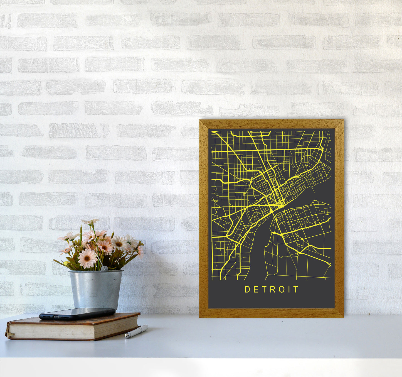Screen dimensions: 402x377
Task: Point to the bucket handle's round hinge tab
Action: [104, 269]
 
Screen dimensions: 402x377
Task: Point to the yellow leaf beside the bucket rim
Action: [66, 263]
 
